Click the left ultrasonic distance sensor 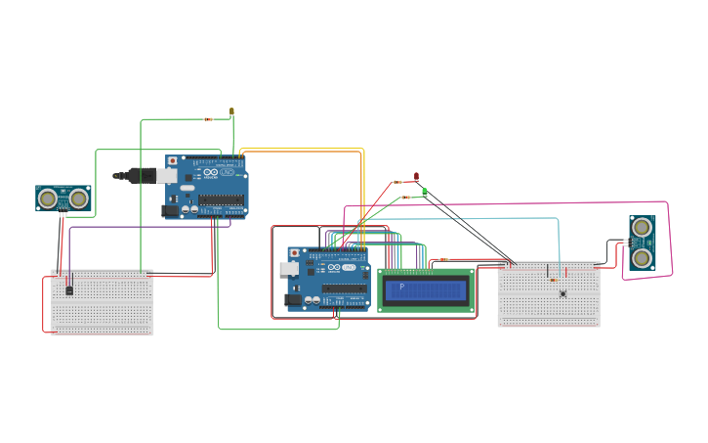tap(63, 199)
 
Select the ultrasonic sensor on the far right tap(642, 243)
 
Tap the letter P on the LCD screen tap(400, 287)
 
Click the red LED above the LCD tap(417, 177)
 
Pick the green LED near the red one tap(424, 192)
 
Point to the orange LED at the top tap(231, 111)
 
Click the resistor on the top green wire tap(208, 119)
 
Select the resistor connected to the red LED tap(397, 182)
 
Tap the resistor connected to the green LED tap(406, 198)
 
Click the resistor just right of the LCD tap(443, 259)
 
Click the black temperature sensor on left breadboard tap(68, 288)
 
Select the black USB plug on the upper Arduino tap(138, 176)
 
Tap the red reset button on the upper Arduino tap(173, 160)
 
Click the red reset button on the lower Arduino tap(295, 252)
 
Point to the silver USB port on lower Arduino tap(289, 268)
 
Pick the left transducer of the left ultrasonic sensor tap(47, 199)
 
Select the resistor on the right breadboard tap(553, 280)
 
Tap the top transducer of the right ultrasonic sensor tap(642, 227)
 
